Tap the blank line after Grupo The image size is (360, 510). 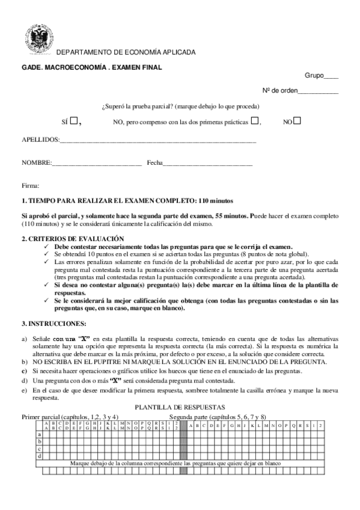point(331,76)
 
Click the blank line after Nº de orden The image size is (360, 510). point(318,91)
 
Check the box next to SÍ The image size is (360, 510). point(73,120)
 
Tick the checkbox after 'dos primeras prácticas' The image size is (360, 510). point(255,120)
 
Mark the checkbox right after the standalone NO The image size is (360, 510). point(297,120)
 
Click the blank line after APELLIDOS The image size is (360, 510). point(158,141)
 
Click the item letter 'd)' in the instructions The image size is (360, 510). point(25,381)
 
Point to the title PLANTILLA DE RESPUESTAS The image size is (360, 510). point(179,407)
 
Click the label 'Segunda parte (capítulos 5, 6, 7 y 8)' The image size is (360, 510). point(218,416)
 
